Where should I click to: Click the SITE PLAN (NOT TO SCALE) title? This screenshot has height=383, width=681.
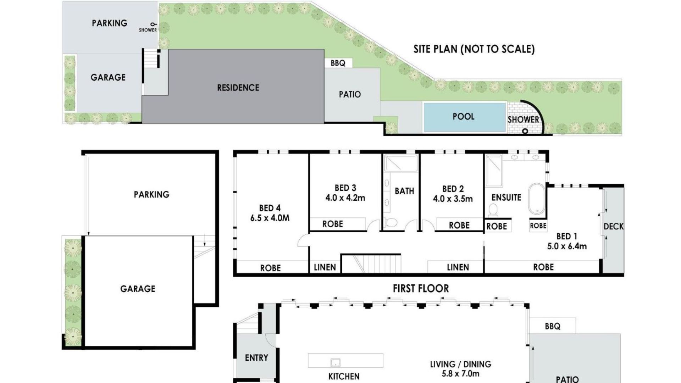(474, 49)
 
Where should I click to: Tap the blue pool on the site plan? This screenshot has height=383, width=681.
(464, 117)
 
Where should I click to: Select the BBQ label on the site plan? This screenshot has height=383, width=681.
(338, 63)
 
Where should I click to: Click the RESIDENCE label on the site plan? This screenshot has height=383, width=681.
(238, 88)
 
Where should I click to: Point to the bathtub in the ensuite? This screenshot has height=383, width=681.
(537, 199)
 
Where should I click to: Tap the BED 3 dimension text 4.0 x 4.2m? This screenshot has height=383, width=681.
(345, 198)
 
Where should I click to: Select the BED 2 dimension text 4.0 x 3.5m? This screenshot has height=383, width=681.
(453, 199)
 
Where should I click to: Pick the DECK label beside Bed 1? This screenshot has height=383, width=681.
(613, 226)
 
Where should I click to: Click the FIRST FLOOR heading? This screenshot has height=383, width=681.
(421, 289)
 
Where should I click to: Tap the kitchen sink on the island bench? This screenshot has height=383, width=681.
(335, 362)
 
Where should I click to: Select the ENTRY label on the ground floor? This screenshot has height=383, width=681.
(256, 358)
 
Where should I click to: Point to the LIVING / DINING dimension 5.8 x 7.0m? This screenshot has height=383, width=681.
(460, 374)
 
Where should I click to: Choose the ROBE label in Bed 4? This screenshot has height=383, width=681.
(270, 268)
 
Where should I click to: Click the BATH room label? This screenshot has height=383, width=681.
(404, 191)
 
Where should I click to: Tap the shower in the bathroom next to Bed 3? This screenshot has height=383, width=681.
(401, 163)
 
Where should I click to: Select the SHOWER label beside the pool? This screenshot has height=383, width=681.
(523, 120)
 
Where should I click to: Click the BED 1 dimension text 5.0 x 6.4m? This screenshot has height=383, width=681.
(567, 246)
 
